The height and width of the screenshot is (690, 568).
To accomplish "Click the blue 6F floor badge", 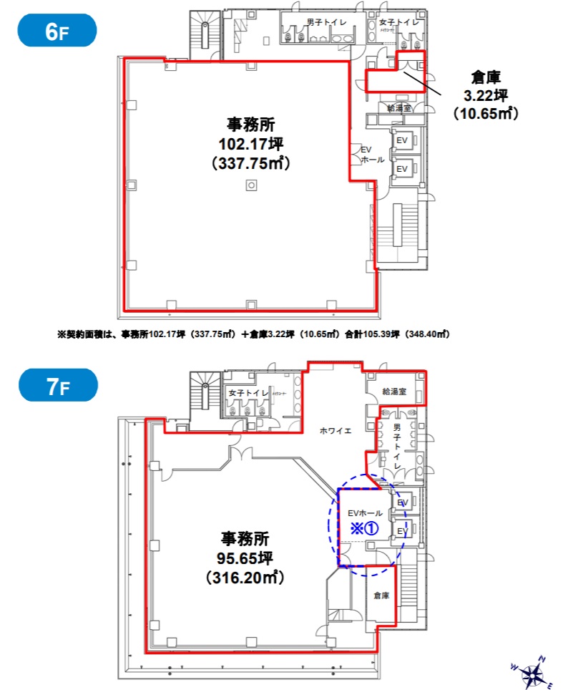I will click(57, 31).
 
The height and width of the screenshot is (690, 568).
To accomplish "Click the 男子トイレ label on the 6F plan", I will click(326, 22).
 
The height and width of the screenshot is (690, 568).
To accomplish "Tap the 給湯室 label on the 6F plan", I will click(398, 108).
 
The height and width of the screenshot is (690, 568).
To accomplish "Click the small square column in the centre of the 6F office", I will click(250, 185).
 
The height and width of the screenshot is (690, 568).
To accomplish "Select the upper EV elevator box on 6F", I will click(402, 141).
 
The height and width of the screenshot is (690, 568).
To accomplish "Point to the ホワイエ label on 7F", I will click(335, 431).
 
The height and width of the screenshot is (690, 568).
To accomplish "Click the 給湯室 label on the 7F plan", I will click(394, 392).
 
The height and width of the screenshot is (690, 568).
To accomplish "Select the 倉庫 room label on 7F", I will click(381, 596).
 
